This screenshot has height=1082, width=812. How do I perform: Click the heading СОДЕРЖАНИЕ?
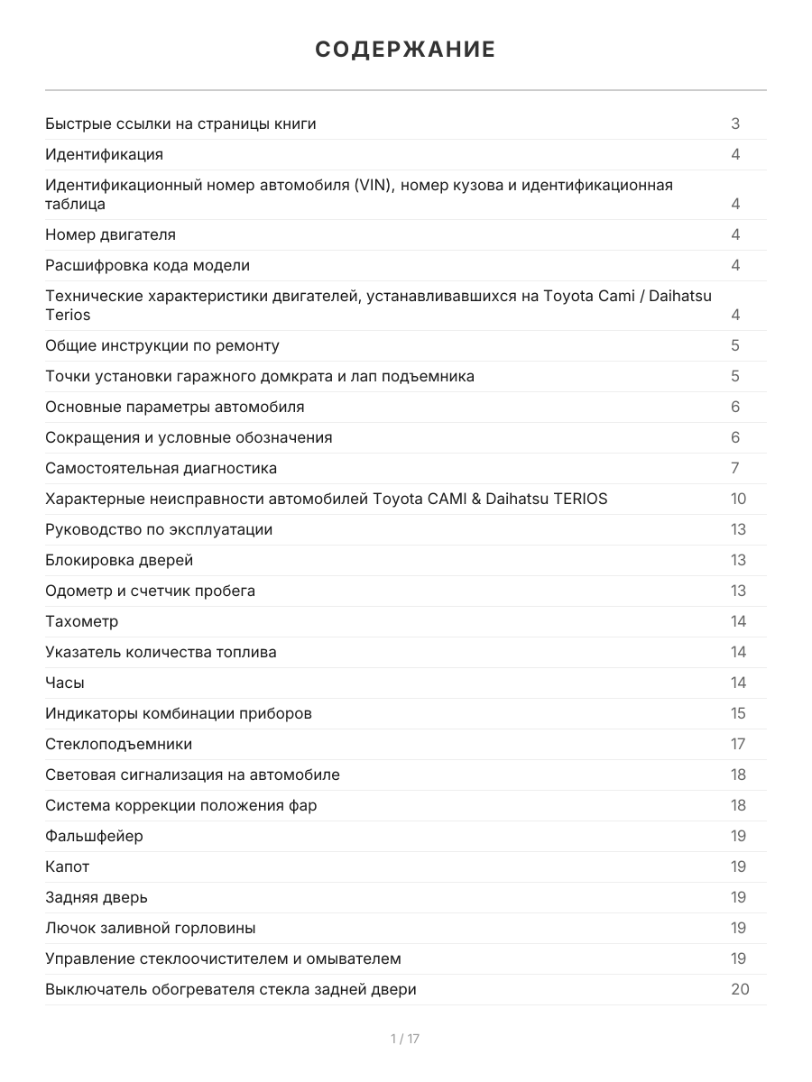click(405, 50)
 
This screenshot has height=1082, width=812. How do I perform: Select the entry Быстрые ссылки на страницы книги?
click(180, 124)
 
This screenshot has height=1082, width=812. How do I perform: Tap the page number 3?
click(735, 124)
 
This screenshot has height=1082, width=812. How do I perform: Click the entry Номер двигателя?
click(110, 234)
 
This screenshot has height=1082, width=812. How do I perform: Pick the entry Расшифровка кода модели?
click(147, 265)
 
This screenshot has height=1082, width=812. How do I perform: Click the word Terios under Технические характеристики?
click(68, 315)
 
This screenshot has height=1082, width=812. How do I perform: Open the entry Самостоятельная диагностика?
click(161, 468)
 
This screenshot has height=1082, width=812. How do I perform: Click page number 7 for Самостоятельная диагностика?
click(735, 468)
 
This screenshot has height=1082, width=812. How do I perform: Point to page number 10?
click(738, 499)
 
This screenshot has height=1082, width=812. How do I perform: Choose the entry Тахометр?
click(81, 621)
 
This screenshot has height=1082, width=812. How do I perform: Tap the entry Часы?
click(65, 683)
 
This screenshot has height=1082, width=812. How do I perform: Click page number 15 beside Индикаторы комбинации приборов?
click(738, 713)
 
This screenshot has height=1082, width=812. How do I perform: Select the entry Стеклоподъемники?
click(118, 744)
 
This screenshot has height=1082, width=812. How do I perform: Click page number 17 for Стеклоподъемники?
click(738, 744)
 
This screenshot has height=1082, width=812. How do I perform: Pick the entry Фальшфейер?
click(94, 836)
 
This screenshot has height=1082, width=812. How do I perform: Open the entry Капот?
click(68, 867)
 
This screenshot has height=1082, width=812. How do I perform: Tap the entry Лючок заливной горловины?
click(150, 928)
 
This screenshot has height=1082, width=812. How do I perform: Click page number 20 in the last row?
click(740, 989)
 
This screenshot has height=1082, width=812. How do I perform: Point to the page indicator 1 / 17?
click(405, 1039)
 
